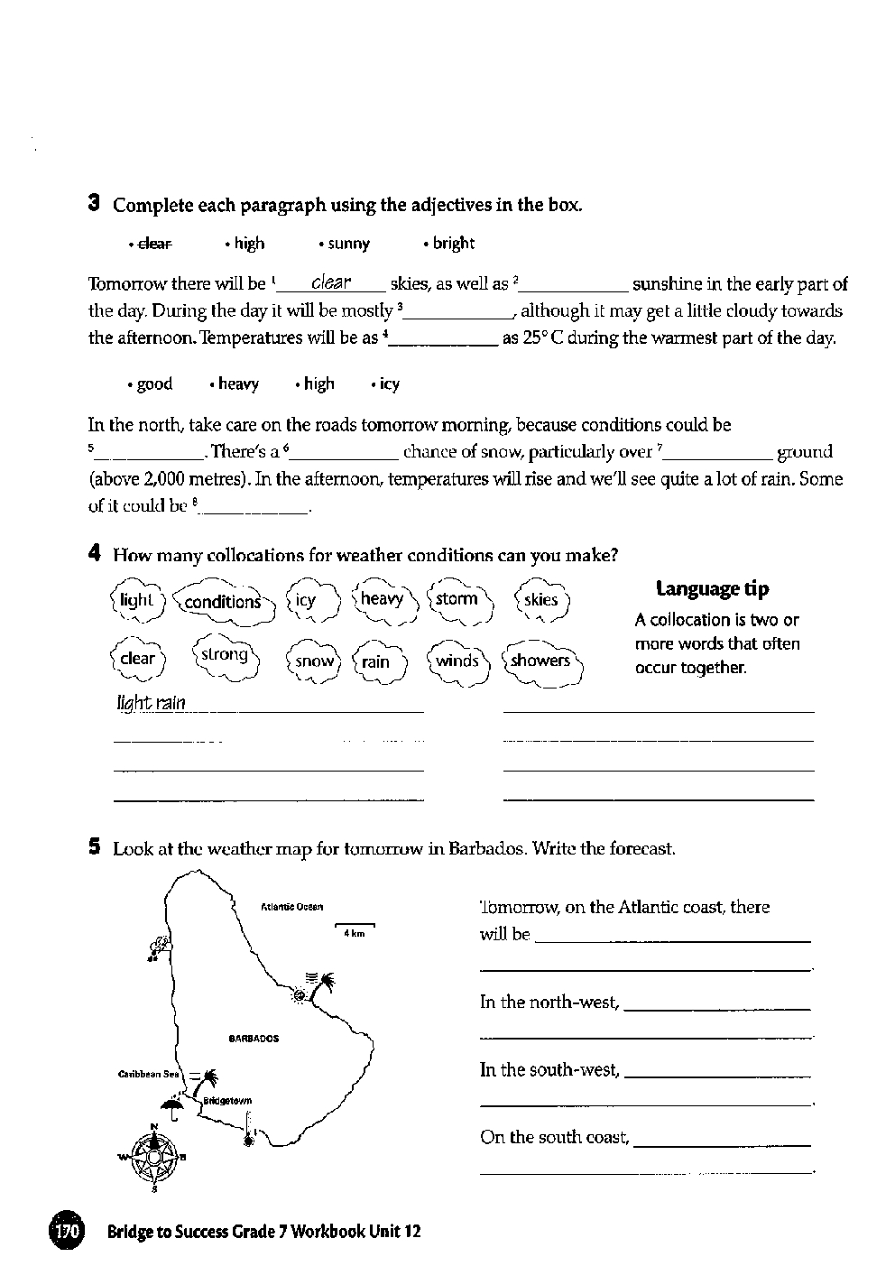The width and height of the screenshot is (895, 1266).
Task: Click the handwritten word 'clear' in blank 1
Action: tap(330, 282)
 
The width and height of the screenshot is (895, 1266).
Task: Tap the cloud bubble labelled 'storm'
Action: tap(457, 599)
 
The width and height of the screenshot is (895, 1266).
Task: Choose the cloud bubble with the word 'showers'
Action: tap(540, 661)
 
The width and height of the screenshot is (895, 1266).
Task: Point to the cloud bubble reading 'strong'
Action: tap(224, 654)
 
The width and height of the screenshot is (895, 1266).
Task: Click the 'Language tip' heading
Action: tap(713, 589)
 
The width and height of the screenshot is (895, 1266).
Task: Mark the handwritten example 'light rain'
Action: tap(151, 703)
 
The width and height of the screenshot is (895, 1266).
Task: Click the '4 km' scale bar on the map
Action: tap(355, 929)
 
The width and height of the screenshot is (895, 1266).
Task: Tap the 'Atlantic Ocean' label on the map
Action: tap(291, 907)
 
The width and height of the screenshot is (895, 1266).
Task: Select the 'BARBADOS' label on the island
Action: tap(254, 1039)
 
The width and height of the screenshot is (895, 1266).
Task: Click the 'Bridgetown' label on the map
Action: tap(227, 1101)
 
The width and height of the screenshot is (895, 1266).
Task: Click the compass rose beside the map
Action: tap(154, 1156)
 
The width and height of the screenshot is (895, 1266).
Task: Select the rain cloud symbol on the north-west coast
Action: tap(160, 947)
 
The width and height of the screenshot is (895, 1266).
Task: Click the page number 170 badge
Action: tap(65, 1231)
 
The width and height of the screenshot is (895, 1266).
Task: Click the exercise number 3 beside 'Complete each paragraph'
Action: tap(93, 203)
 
